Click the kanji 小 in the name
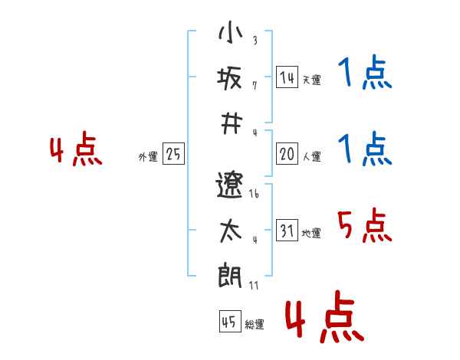pyautogui.click(x=231, y=31)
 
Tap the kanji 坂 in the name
pyautogui.click(x=229, y=78)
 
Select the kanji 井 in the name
pyautogui.click(x=232, y=124)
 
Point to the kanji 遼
pyautogui.click(x=229, y=185)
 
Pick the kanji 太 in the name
pyautogui.click(x=231, y=231)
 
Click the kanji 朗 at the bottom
pyautogui.click(x=230, y=275)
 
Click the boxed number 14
pyautogui.click(x=287, y=77)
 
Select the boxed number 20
pyautogui.click(x=287, y=154)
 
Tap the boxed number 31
pyautogui.click(x=287, y=230)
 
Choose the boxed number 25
pyautogui.click(x=173, y=154)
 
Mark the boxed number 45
pyautogui.click(x=230, y=321)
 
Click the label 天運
pyautogui.click(x=312, y=80)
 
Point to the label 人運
pyautogui.click(x=312, y=156)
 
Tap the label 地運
pyautogui.click(x=311, y=233)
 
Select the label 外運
pyautogui.click(x=148, y=157)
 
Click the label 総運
pyautogui.click(x=255, y=325)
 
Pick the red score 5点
pyautogui.click(x=364, y=225)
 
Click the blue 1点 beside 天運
pyautogui.click(x=365, y=72)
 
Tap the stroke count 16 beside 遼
pyautogui.click(x=254, y=194)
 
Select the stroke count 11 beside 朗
pyautogui.click(x=254, y=285)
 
